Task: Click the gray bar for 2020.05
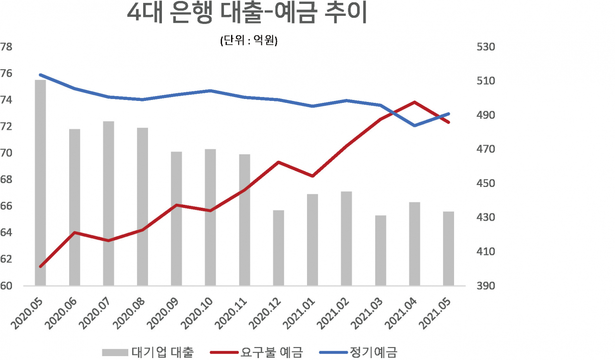coord(40,183)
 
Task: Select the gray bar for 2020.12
coord(278,248)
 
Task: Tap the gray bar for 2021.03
coord(381,250)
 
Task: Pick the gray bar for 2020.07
coord(109,203)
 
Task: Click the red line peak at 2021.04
coord(415,102)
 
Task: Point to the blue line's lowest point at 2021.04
coord(415,126)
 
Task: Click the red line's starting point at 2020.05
coord(41,266)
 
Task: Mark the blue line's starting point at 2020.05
coord(41,74)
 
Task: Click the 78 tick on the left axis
coord(6,47)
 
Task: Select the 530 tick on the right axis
coord(486,47)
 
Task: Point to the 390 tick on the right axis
coord(486,286)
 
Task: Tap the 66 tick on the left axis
coord(6,206)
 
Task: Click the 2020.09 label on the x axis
coord(163,313)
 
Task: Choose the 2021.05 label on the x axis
coord(435,313)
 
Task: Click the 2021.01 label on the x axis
coord(299,313)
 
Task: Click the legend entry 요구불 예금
coord(257,352)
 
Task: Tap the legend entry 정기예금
coord(358,352)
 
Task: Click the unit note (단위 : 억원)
coord(249,41)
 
